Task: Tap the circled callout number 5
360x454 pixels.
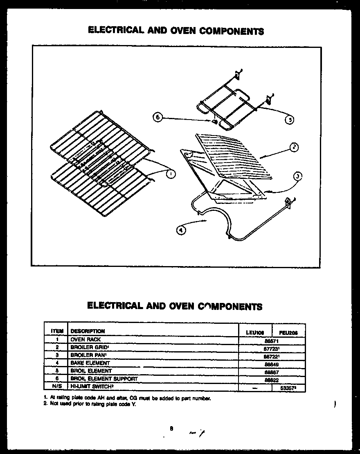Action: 289,120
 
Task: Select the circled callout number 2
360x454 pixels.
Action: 294,148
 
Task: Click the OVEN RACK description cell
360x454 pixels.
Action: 85,339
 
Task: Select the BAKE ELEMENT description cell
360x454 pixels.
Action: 90,363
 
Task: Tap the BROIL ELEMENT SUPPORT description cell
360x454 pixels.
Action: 104,379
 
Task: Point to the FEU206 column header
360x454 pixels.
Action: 288,333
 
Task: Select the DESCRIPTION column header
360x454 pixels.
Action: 88,331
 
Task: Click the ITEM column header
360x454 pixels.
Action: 57,331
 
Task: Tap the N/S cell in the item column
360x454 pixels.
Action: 57,386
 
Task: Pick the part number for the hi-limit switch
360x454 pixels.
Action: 288,387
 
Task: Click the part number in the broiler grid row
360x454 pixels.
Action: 272,348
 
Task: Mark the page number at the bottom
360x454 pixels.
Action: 171,429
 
